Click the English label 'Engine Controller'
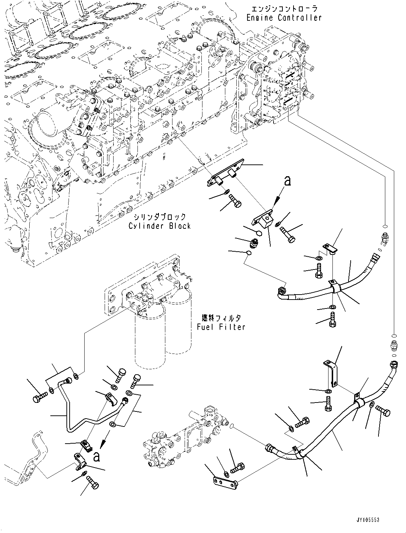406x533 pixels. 284,17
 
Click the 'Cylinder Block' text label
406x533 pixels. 160,226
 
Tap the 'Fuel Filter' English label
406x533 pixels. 221,327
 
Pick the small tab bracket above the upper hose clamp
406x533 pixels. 330,248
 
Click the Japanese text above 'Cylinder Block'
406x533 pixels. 160,217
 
